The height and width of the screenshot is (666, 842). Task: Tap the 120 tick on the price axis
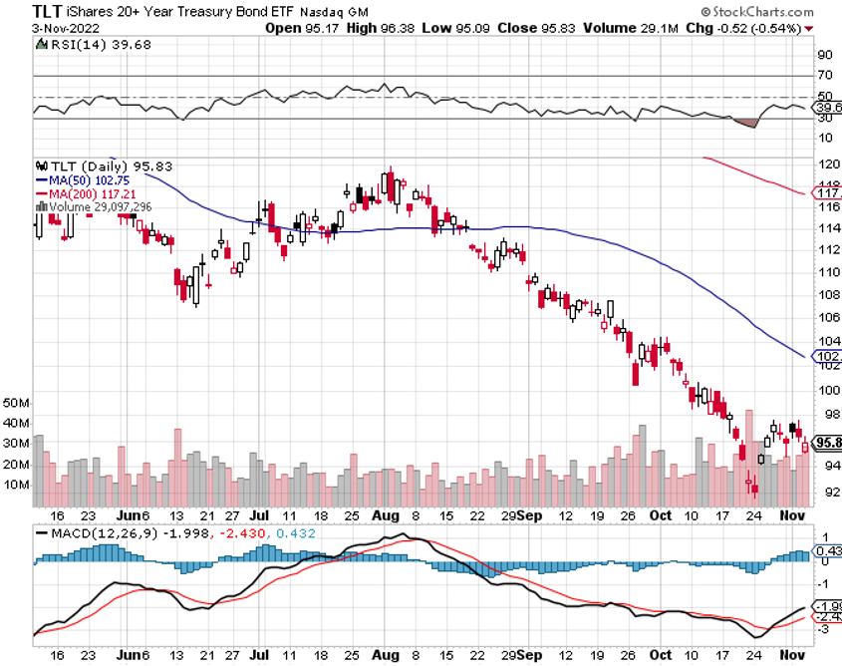(x=826, y=164)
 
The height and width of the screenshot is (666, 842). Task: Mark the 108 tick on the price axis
(x=826, y=295)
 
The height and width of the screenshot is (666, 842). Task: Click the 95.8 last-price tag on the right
(x=827, y=443)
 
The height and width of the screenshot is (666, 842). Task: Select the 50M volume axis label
(x=17, y=404)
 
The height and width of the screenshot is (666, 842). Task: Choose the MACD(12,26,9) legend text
(x=90, y=536)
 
